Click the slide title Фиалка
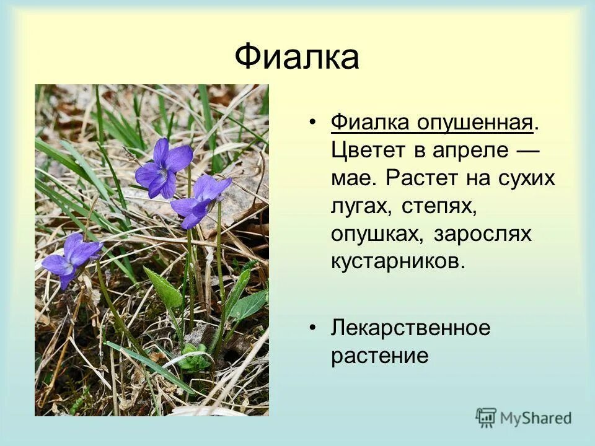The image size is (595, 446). click(x=297, y=58)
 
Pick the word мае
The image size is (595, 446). click(x=352, y=178)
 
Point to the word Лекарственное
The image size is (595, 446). click(x=410, y=328)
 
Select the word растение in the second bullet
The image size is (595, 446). click(x=379, y=356)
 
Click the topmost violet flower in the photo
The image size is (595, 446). click(x=163, y=168)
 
